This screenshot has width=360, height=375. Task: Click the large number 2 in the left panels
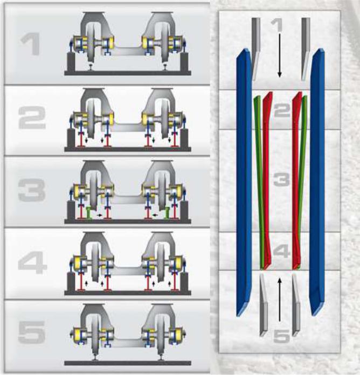[x=32, y=117]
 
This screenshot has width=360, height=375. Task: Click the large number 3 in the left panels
[x=32, y=190]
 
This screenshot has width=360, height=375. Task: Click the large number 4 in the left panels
[x=32, y=262]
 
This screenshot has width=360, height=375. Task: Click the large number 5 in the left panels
[x=32, y=332]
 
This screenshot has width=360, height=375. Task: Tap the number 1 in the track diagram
[x=277, y=25]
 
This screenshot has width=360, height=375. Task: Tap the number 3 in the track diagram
[x=281, y=180]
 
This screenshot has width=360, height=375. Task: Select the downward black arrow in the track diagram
[x=279, y=55]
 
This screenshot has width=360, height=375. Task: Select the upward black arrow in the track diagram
[x=279, y=300]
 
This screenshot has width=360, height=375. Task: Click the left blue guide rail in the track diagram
[x=244, y=182]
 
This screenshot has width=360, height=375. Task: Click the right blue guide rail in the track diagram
[x=317, y=182]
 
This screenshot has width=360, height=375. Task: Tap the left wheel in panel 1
[x=91, y=45]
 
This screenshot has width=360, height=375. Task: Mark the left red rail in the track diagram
[x=267, y=179]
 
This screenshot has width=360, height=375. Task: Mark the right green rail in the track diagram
[x=302, y=179]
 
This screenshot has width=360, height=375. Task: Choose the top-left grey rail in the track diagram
[x=256, y=49]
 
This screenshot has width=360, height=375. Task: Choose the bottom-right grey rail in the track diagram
[x=296, y=305]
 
